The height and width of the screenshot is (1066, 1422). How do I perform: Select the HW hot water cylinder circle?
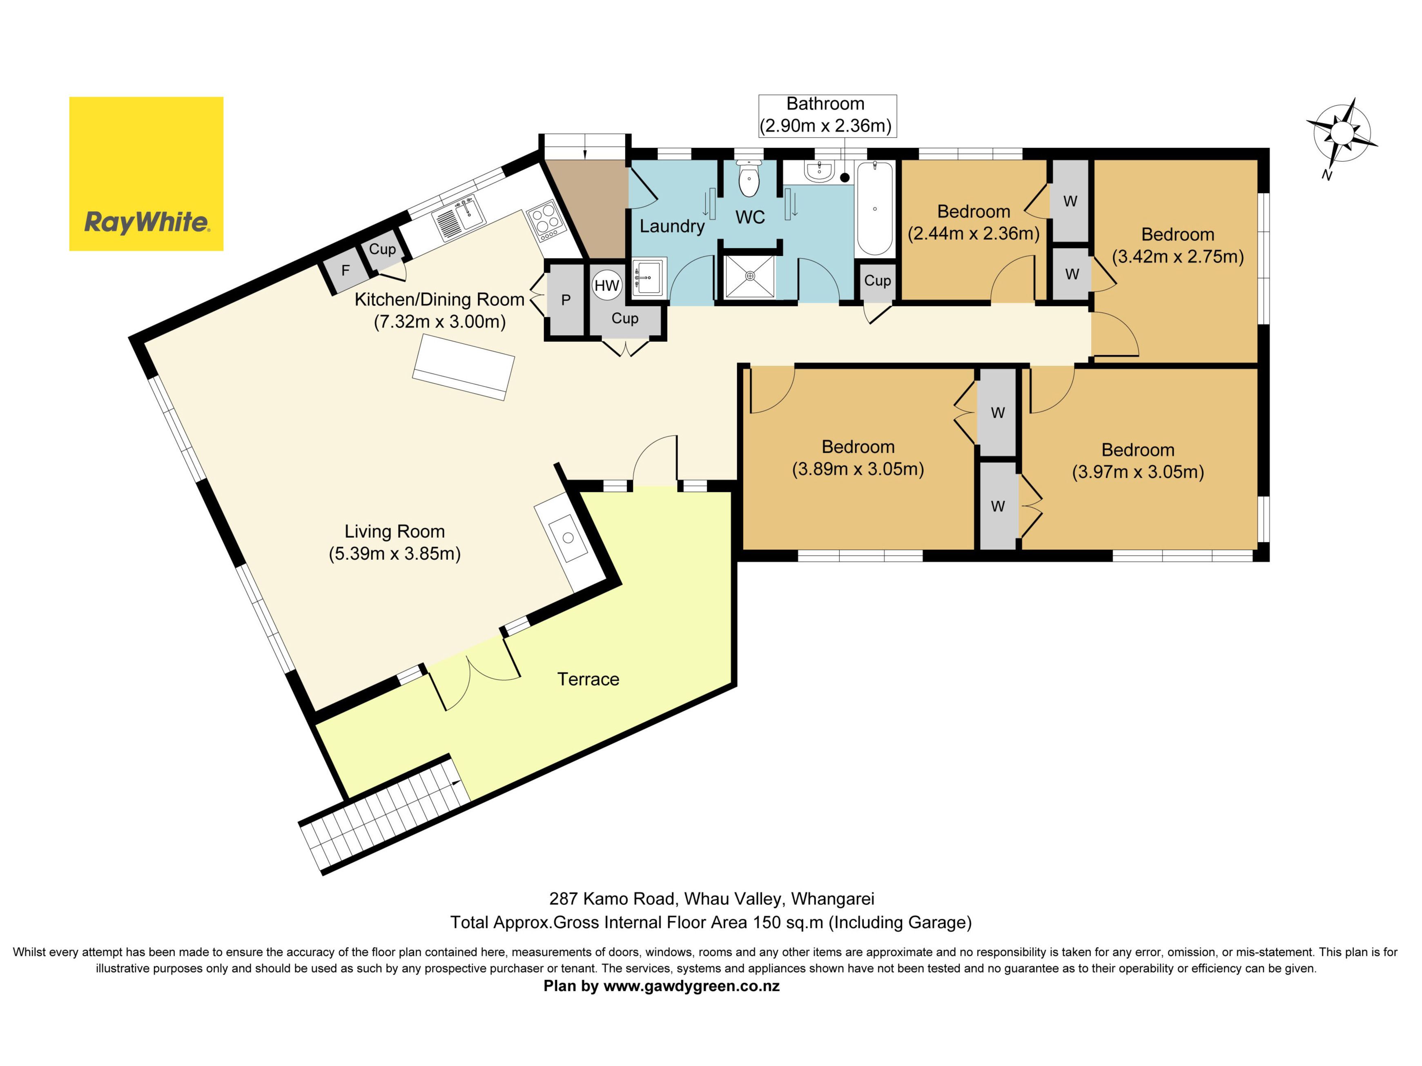(x=606, y=285)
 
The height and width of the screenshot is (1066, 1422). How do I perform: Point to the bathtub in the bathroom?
(x=875, y=209)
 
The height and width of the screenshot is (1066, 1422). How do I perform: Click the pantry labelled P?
(x=566, y=299)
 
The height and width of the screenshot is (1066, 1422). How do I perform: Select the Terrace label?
(x=588, y=679)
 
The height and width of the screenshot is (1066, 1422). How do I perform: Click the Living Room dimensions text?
(x=395, y=553)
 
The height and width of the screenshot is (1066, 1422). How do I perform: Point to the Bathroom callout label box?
(x=827, y=115)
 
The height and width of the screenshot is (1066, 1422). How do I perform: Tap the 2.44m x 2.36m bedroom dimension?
(x=973, y=233)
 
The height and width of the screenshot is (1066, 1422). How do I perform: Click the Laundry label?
(x=672, y=226)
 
